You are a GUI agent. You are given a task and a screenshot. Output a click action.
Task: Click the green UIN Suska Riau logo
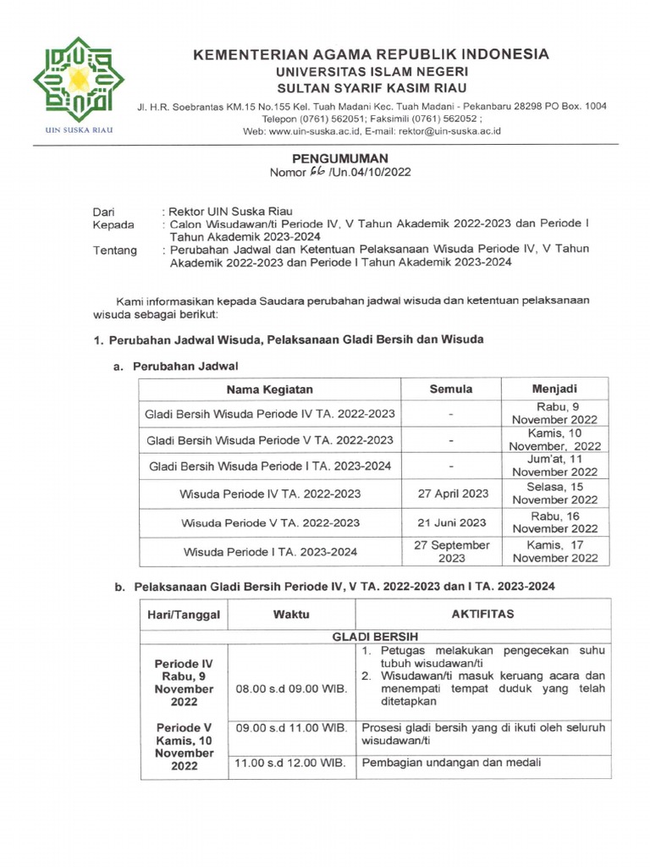click(78, 80)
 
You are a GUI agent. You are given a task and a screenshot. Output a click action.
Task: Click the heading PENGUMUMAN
click(339, 158)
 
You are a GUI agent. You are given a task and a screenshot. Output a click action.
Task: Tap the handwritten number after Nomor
click(301, 173)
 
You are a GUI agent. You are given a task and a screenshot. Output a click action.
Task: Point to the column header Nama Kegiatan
click(269, 389)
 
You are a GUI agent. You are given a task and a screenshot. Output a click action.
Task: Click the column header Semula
click(451, 389)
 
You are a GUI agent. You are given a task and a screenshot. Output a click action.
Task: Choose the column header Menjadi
click(554, 389)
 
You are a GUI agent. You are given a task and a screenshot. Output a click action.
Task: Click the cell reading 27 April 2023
click(451, 494)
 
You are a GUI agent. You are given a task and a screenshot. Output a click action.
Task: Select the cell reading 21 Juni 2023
click(451, 522)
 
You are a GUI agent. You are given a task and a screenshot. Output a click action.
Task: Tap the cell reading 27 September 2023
click(451, 551)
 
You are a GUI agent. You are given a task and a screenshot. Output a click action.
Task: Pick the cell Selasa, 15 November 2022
click(554, 494)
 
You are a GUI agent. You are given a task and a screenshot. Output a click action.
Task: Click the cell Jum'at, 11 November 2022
click(554, 465)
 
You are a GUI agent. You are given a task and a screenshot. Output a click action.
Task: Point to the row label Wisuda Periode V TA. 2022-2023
click(269, 522)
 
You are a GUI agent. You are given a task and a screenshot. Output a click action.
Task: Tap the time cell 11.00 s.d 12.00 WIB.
click(291, 763)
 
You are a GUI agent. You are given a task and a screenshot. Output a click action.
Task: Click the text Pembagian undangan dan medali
click(451, 763)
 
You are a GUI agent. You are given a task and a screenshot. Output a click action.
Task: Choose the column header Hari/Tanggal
click(183, 614)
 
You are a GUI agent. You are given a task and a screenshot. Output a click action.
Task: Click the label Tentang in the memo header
click(114, 250)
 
